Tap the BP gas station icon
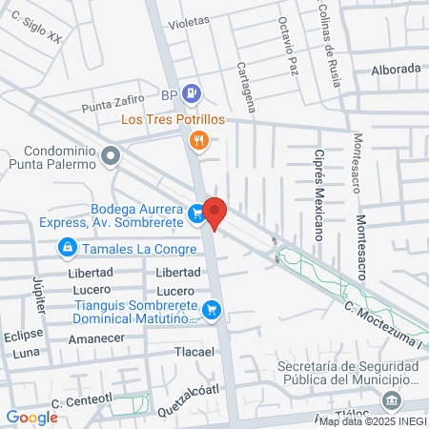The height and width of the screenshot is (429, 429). [x=194, y=93]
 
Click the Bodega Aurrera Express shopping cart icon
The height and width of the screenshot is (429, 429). [x=196, y=214]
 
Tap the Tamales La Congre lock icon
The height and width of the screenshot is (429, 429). [x=67, y=249]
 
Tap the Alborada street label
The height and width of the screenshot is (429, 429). [x=396, y=69]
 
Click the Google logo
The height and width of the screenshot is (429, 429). [x=31, y=417]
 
